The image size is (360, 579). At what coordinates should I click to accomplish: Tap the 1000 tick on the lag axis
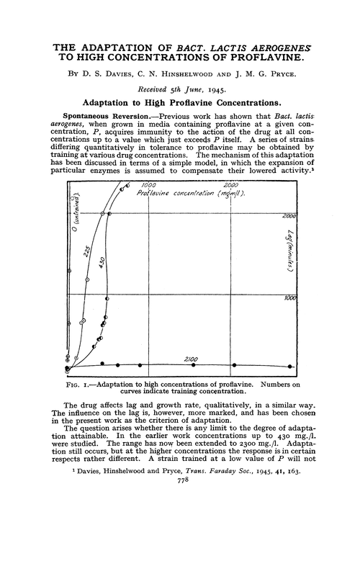[x=289, y=297]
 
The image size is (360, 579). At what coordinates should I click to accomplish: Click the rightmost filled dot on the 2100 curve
[x=289, y=366]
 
